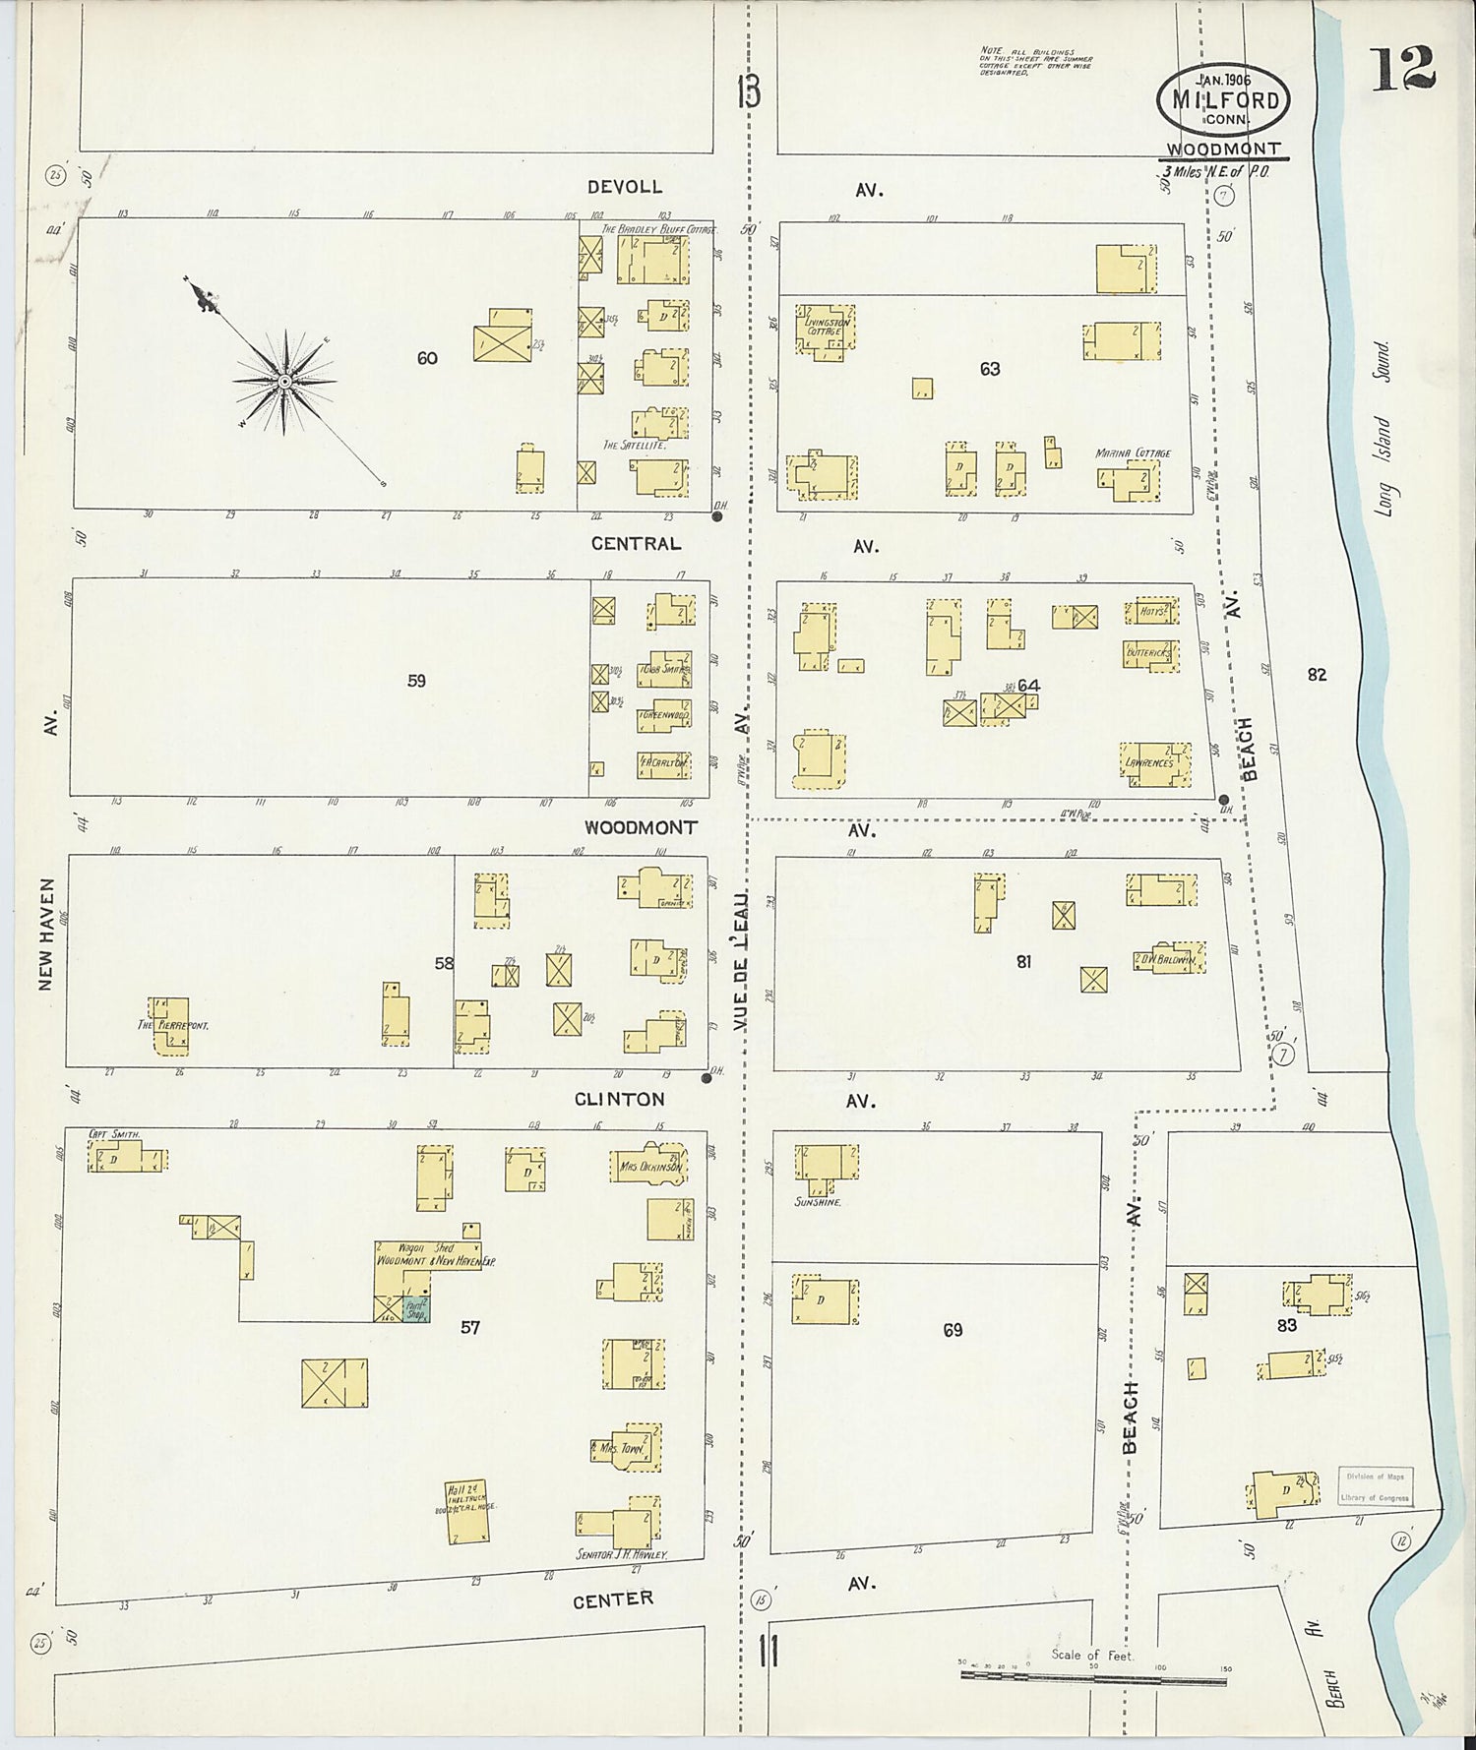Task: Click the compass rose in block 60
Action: (x=283, y=381)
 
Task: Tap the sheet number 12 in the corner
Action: (x=1403, y=69)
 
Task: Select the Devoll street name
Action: (x=625, y=187)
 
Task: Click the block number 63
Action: (x=990, y=369)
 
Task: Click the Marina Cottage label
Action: (x=1133, y=453)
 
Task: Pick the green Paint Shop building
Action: (x=415, y=1309)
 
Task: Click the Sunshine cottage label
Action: (x=818, y=1202)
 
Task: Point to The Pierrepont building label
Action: (x=173, y=1024)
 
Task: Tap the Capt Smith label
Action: (x=115, y=1134)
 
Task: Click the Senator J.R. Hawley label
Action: (x=622, y=1554)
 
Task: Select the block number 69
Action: (x=953, y=1330)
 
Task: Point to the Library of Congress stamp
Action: (x=1376, y=1487)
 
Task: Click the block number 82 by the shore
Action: (x=1318, y=675)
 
